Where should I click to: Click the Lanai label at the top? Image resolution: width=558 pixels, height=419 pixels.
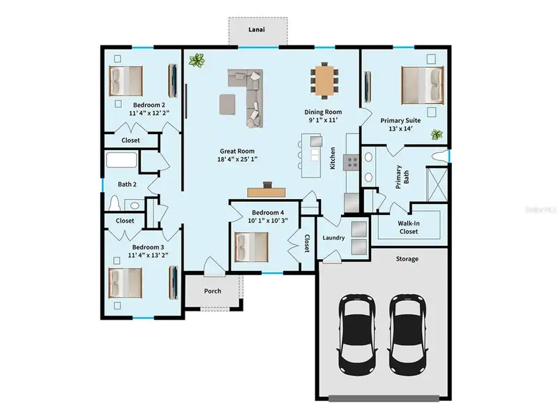pos(257,30)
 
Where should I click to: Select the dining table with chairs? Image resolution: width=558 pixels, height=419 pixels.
pos(324,80)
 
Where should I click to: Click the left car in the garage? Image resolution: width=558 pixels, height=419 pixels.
pos(357,333)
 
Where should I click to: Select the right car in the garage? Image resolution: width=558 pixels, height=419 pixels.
pos(407,333)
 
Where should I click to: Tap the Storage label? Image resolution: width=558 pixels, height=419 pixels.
pos(407,259)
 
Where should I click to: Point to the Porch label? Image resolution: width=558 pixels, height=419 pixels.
pos(212,291)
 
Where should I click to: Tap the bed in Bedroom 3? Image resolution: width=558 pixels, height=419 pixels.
pos(126,283)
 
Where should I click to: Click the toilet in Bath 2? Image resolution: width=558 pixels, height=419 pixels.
pos(115,203)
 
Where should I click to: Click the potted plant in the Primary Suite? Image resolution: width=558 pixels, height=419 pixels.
pos(437,135)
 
